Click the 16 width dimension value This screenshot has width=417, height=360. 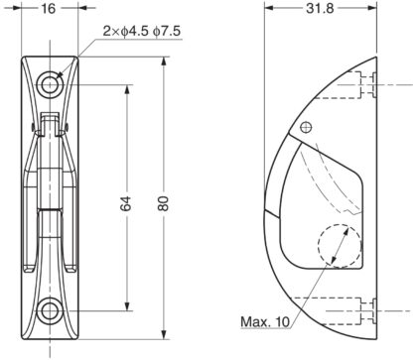pos(49,9)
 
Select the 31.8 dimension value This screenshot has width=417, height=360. pos(320,8)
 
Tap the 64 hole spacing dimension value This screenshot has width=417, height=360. pos(126,203)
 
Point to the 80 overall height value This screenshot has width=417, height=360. pos(163,203)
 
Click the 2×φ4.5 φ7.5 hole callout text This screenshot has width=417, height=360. pos(142,31)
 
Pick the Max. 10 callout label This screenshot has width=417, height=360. pos(265,321)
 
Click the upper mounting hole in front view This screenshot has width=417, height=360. pos(50,84)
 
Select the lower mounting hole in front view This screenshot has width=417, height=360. pos(50,311)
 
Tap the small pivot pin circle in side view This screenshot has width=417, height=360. pos(306,127)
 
